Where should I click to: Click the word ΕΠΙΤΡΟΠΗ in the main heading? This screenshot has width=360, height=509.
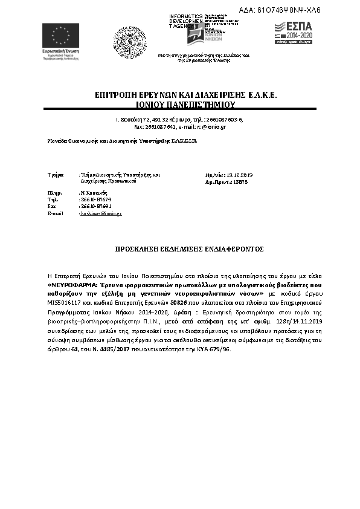pyautogui.click(x=115, y=96)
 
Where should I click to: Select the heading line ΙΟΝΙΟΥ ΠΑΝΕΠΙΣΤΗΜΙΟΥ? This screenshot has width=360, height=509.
pyautogui.click(x=180, y=104)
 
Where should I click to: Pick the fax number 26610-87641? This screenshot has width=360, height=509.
pyautogui.click(x=95, y=206)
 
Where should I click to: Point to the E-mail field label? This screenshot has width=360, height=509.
pyautogui.click(x=55, y=213)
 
